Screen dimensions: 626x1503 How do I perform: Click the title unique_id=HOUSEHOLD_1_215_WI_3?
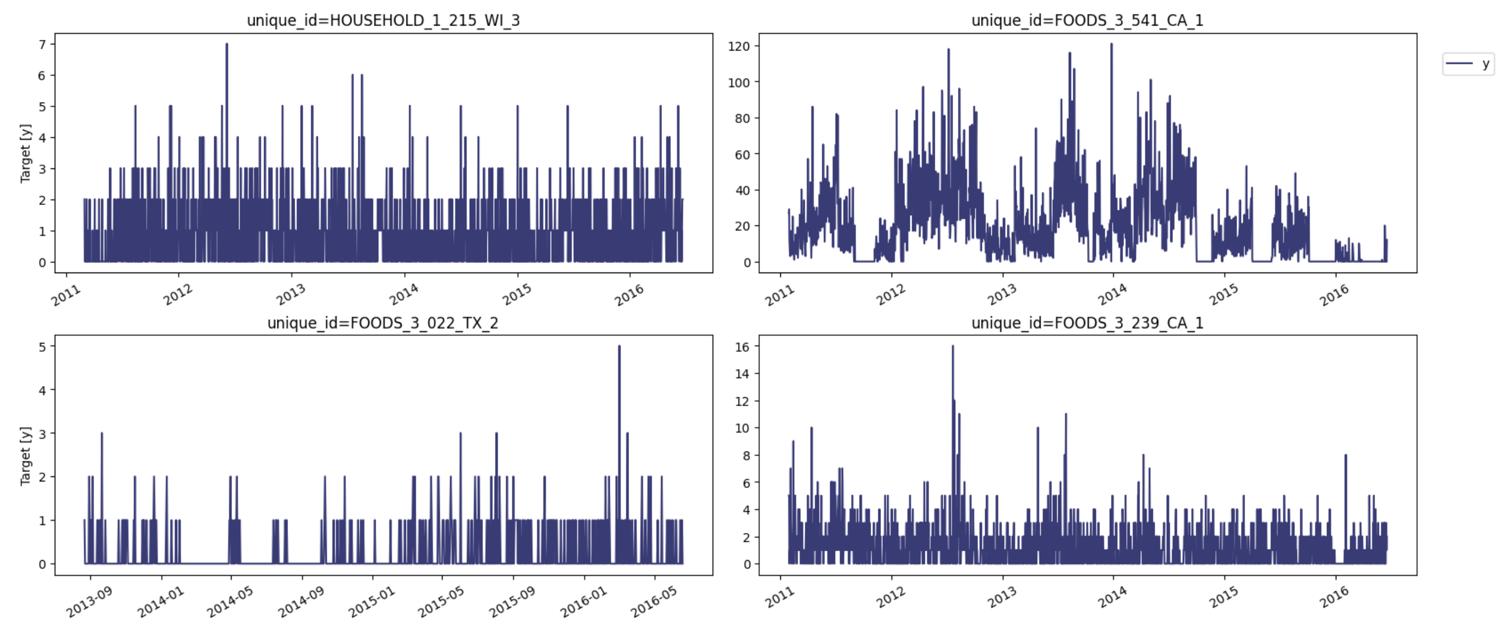[x=383, y=20]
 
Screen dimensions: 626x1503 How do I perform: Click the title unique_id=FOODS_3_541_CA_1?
[x=1087, y=20]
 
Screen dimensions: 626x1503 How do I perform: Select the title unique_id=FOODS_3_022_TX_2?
[x=383, y=322]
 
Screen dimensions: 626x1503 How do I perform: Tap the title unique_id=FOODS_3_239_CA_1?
[x=1087, y=322]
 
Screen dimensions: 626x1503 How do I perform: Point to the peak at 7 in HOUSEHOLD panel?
[x=227, y=44]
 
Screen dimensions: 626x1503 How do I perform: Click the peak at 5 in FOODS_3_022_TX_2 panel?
[x=619, y=347]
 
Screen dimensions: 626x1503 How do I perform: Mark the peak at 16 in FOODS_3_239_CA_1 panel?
[x=952, y=347]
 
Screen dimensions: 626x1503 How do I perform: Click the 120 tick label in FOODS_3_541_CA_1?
[x=739, y=46]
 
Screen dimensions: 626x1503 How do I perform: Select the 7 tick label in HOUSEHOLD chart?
[x=42, y=44]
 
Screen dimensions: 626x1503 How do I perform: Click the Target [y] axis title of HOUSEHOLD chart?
[x=25, y=153]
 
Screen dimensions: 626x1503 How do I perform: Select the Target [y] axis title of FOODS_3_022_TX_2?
[x=25, y=455]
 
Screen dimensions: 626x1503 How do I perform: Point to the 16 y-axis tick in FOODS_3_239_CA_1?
[x=742, y=347]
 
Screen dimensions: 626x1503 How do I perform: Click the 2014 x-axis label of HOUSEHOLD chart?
[x=404, y=295]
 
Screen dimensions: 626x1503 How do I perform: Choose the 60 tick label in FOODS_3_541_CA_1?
[x=742, y=155]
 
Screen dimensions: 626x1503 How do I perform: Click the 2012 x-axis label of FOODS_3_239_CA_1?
[x=891, y=597]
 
